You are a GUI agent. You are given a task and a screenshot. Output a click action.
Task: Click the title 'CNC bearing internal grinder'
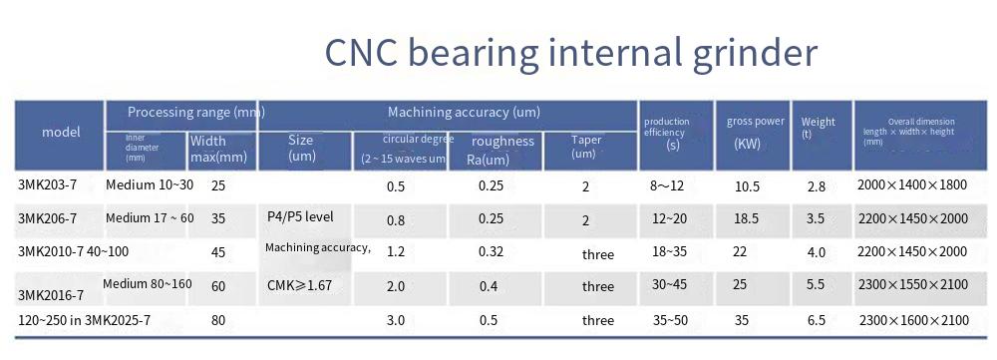pos(570,53)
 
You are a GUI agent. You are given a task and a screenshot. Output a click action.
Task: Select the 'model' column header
pos(61,133)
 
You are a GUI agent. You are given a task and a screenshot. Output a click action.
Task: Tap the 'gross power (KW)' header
pos(756,133)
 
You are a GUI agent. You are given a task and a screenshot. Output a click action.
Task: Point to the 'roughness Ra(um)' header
pos(502,151)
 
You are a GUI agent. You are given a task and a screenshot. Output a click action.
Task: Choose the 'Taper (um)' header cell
pos(585,147)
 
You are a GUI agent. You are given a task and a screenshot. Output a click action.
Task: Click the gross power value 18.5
pos(746,218)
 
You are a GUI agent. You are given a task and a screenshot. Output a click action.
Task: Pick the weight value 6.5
pos(816,320)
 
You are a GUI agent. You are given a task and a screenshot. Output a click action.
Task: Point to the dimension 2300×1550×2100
pos(913,284)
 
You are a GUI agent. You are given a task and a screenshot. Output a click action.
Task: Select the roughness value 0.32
pos(491,252)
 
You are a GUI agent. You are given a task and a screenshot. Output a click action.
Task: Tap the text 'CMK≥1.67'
pos(299,285)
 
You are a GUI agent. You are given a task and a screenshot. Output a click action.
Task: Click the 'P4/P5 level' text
pos(300,216)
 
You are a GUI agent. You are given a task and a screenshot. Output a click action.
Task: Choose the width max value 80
pos(218,320)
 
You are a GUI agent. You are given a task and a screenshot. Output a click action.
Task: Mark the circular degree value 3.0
pos(396,320)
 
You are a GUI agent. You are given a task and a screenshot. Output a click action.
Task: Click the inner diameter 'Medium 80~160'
pos(148,283)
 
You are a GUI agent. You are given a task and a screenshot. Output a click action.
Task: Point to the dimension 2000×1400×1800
pos(912,185)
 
